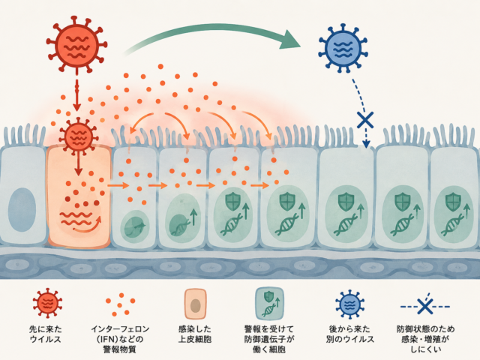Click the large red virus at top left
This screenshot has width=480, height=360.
point(76,45)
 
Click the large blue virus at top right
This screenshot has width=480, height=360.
point(343,48)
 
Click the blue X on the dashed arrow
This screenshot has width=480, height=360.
point(365,120)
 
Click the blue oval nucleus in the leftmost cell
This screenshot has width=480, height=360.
point(22,209)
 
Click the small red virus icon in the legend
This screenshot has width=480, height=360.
point(47,303)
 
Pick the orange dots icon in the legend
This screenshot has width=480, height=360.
point(120,304)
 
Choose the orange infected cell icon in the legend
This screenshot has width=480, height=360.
point(195,304)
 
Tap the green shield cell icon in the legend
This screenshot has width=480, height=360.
point(270,303)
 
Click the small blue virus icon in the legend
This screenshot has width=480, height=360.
point(350,304)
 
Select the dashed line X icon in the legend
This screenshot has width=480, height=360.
point(425,306)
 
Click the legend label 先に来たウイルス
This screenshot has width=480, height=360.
point(45,334)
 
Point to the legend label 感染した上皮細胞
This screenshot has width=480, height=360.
point(195,334)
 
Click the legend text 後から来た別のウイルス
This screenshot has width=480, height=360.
point(350,334)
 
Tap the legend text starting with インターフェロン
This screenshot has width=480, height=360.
point(120,339)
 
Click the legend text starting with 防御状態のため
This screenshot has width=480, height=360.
point(425,339)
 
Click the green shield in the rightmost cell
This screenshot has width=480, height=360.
point(453,202)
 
